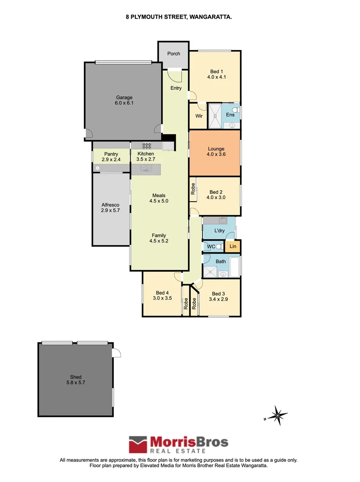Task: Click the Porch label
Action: tap(174, 54)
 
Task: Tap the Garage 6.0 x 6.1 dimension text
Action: tap(125, 103)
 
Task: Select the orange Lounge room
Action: tap(215, 152)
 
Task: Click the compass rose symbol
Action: tap(277, 416)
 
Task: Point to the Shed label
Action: tap(75, 377)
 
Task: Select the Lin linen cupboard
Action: tap(233, 246)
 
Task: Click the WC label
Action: tap(207, 247)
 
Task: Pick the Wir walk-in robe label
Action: tap(199, 116)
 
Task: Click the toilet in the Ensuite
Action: tap(237, 110)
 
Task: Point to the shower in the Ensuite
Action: tap(215, 116)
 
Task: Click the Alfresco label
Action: tap(110, 205)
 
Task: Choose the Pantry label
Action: tap(111, 154)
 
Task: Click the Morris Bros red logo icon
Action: tap(138, 445)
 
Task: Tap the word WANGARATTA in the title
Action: tap(210, 17)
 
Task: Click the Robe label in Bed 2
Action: tap(193, 189)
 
